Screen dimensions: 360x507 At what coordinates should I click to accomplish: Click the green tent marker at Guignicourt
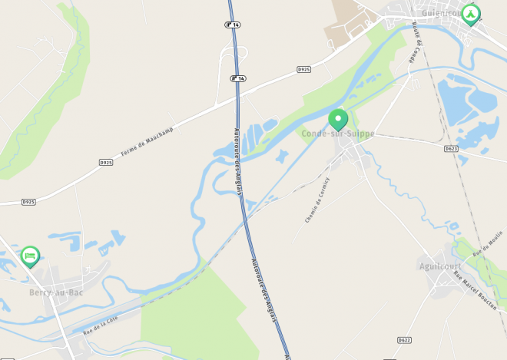pos(470,14)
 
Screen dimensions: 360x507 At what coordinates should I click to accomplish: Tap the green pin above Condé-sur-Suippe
pos(338,119)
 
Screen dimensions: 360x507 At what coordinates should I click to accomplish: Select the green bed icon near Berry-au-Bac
pos(30,255)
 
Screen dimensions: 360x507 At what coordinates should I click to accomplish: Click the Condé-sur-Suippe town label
pos(338,134)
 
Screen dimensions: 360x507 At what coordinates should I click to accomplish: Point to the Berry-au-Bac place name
pos(56,292)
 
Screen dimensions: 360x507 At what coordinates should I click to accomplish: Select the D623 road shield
pos(451,148)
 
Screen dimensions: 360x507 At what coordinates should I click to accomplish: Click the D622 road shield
pos(405,339)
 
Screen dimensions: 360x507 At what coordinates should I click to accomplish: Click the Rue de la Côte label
pos(101,325)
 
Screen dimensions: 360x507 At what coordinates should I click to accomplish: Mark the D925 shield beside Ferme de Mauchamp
pos(106,163)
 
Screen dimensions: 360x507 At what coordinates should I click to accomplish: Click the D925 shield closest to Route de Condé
pos(304,69)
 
